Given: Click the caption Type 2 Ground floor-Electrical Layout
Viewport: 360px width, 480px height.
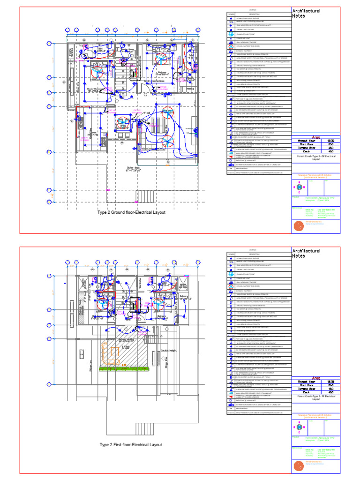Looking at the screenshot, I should (x=131, y=212).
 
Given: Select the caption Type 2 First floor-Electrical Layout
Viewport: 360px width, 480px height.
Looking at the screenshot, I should (x=131, y=444).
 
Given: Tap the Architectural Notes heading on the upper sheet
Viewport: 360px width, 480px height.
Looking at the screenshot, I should (x=306, y=13).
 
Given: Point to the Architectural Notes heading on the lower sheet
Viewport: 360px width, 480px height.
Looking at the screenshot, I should (x=306, y=253).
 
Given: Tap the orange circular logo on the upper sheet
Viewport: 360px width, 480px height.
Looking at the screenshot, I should (x=298, y=226).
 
